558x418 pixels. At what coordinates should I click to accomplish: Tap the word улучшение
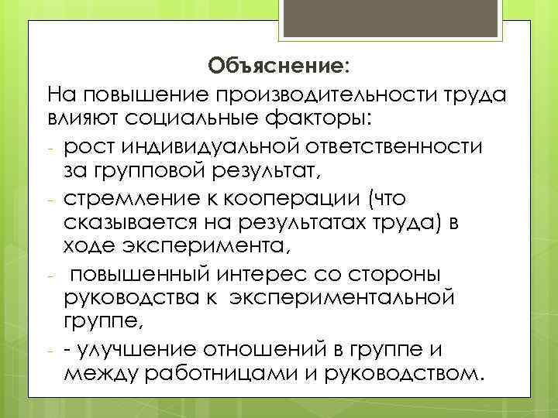(141, 349)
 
